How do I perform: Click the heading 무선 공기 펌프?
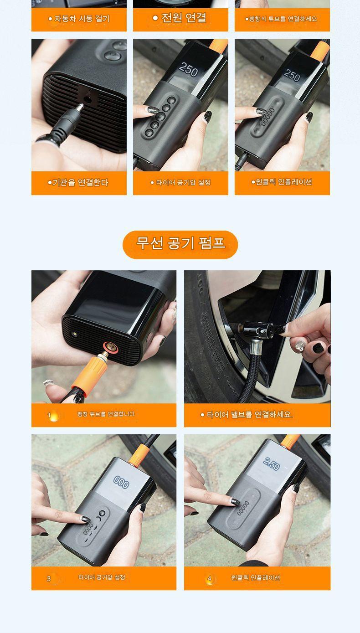tap(180, 243)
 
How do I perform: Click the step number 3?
tap(49, 578)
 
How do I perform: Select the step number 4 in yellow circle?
tap(209, 578)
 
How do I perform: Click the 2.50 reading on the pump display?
tap(271, 464)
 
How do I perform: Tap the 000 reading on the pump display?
tap(121, 482)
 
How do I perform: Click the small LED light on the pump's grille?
tap(75, 334)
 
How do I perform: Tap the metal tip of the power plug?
tap(80, 108)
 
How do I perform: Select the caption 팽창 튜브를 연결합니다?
tap(106, 414)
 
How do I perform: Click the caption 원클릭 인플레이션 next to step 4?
tap(256, 578)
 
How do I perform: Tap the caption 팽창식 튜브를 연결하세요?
tap(281, 19)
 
